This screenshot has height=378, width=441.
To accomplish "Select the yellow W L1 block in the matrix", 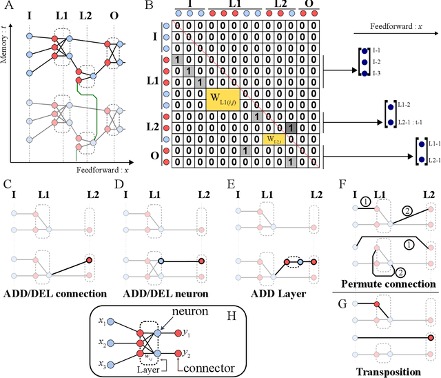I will tap(222, 100).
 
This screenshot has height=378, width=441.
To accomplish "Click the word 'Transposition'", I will tap(389, 371).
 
